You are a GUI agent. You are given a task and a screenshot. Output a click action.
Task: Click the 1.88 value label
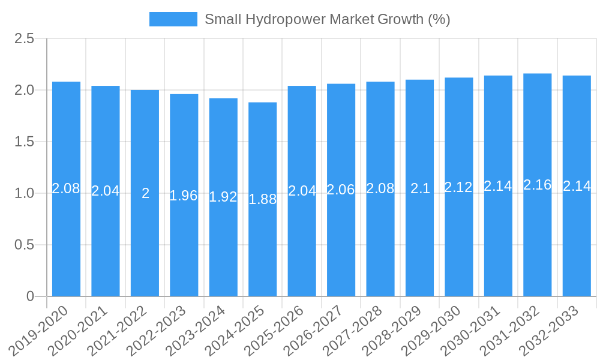coord(262,200)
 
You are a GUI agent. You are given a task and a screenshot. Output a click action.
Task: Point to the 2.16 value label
coord(537,185)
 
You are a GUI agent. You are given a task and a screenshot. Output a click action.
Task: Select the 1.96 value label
coord(184,196)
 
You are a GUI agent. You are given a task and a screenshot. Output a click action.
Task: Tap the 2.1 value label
coord(419,188)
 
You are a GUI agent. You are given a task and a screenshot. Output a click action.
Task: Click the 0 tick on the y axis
coord(31,296)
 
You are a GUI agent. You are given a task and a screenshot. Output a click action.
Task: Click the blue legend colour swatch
coord(173,19)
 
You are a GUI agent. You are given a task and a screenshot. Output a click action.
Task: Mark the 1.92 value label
coord(223,197)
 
